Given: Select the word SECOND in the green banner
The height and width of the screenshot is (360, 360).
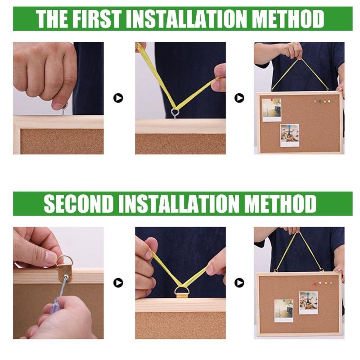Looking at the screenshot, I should tap(79, 204).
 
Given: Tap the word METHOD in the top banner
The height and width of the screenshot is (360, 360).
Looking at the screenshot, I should tap(288, 19).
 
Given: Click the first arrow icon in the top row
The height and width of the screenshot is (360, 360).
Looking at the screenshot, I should tap(118, 98).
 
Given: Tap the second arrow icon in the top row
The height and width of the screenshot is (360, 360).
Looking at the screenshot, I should tap(239, 98).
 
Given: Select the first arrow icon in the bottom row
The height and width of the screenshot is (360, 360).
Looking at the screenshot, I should tap(118, 283).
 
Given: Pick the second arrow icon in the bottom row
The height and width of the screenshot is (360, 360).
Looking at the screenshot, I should tap(239, 283).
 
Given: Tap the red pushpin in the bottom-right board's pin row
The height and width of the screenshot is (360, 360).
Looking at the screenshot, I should tap(315, 283).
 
